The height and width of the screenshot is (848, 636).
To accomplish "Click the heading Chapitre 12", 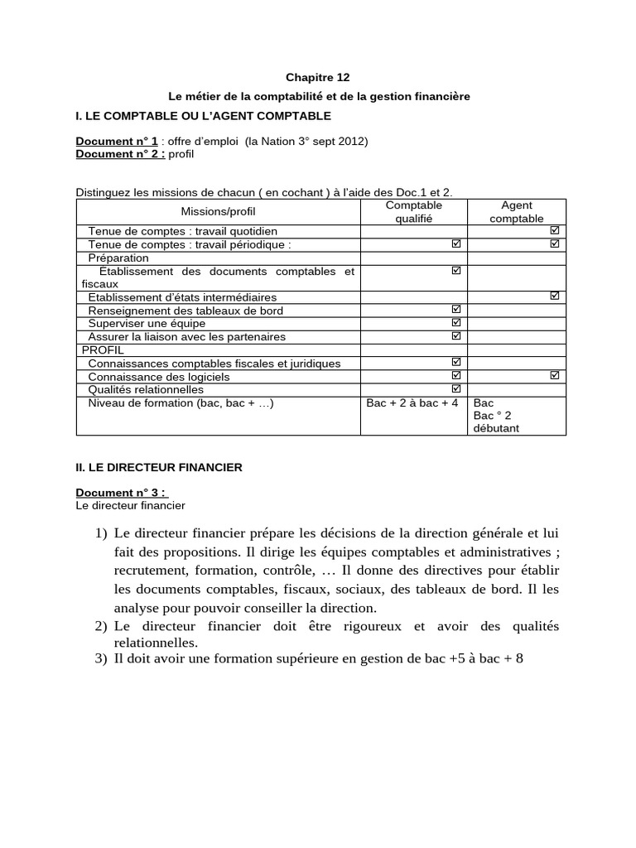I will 313,77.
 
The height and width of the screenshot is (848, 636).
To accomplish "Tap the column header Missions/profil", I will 218,212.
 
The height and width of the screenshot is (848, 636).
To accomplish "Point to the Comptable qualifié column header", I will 414,212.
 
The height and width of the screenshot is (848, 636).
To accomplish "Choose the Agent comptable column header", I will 517,212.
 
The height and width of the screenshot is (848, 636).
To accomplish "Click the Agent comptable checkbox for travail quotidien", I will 555,230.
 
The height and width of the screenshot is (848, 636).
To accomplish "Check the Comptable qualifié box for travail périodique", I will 455,244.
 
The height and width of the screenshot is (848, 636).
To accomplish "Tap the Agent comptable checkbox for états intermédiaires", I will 555,296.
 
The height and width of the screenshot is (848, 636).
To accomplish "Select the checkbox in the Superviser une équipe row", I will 455,322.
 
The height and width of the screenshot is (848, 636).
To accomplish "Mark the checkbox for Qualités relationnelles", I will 455,388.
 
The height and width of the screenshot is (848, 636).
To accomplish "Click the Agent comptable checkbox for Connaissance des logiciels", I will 555,375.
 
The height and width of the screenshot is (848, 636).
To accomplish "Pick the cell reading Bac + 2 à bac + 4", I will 412,403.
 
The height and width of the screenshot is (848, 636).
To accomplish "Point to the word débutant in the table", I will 496,428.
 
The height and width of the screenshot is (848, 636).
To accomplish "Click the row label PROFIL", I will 103,349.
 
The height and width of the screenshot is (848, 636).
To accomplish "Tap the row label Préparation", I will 118,258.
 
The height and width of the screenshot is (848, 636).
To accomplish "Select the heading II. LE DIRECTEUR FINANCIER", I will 159,467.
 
